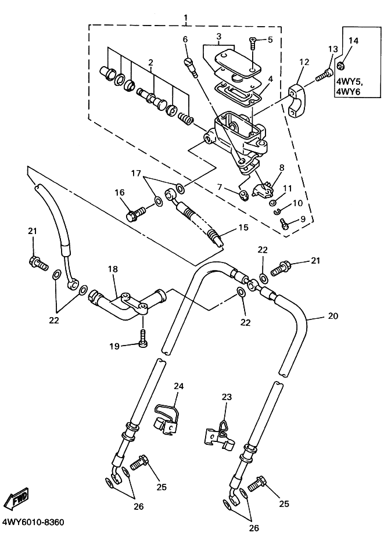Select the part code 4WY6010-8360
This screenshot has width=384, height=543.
click(x=33, y=522)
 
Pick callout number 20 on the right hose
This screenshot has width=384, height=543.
click(x=332, y=317)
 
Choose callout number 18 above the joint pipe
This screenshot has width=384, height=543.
click(x=113, y=269)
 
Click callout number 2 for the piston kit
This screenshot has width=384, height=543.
click(x=150, y=62)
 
